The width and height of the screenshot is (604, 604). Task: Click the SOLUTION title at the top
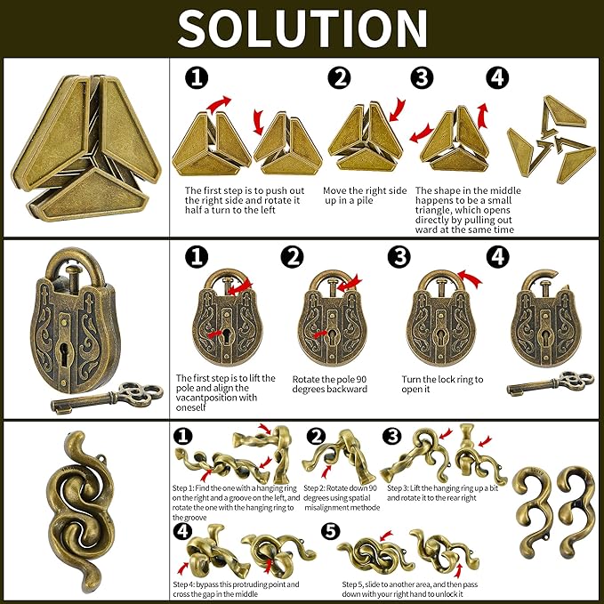click(302, 28)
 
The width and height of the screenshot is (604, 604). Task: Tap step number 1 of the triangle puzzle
click(197, 78)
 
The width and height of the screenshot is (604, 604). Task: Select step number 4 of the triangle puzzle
click(497, 77)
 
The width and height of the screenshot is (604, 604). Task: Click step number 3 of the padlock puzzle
click(399, 257)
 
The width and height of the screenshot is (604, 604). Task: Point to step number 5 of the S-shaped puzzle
click(331, 532)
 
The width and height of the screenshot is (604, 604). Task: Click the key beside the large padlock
click(107, 397)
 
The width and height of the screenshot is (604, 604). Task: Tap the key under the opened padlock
click(550, 383)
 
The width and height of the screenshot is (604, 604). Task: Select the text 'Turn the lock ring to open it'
click(442, 384)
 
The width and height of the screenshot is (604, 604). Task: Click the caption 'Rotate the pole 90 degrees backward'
click(329, 384)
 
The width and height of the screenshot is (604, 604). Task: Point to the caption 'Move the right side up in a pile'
click(365, 196)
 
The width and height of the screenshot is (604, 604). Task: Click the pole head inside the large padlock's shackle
click(72, 270)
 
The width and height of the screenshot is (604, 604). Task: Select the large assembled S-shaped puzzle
click(82, 512)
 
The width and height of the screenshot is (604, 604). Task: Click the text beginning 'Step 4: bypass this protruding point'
click(236, 590)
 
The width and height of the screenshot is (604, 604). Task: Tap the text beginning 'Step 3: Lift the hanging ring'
click(442, 493)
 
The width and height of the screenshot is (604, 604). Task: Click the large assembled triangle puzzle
click(85, 149)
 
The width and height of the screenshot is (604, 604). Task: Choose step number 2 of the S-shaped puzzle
click(317, 437)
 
